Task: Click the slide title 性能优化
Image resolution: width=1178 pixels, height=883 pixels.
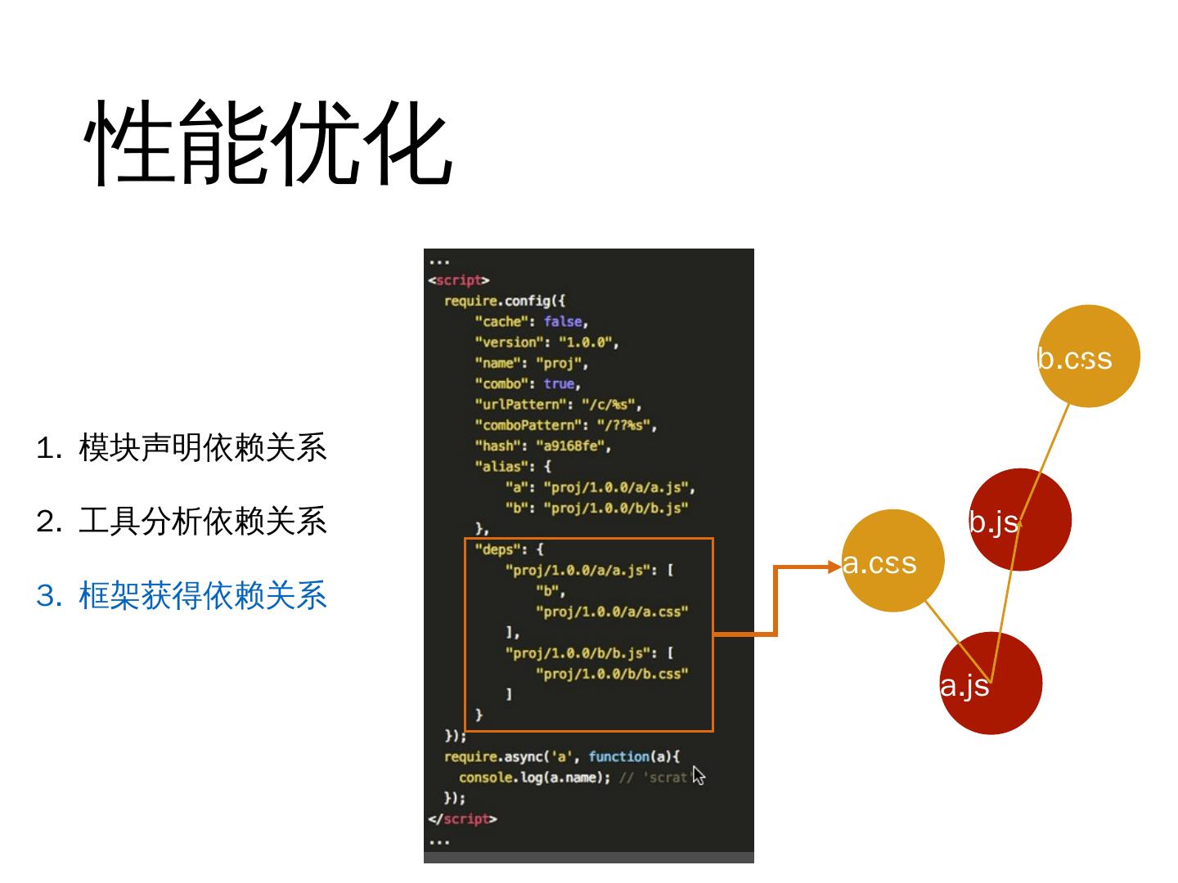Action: (x=268, y=144)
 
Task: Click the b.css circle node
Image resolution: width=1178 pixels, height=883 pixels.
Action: (x=1089, y=356)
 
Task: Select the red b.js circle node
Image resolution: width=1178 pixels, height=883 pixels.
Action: (x=1020, y=520)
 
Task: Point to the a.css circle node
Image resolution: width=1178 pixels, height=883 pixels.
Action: (x=892, y=561)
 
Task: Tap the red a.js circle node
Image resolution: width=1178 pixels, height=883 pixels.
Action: (x=991, y=684)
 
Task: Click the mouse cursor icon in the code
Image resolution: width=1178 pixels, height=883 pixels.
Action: (x=698, y=775)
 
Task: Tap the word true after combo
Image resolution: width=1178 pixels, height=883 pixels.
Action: (x=560, y=383)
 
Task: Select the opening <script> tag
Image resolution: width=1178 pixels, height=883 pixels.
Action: (x=458, y=280)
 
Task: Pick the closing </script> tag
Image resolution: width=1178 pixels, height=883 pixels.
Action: (x=462, y=818)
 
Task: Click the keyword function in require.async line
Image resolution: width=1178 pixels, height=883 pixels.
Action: (x=618, y=756)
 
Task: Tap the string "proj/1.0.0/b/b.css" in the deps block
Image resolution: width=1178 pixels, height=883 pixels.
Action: (x=611, y=674)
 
